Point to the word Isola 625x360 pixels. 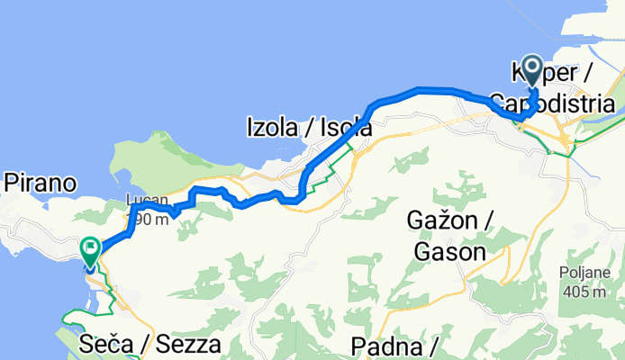click(343, 129)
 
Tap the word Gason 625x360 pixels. click(449, 252)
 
